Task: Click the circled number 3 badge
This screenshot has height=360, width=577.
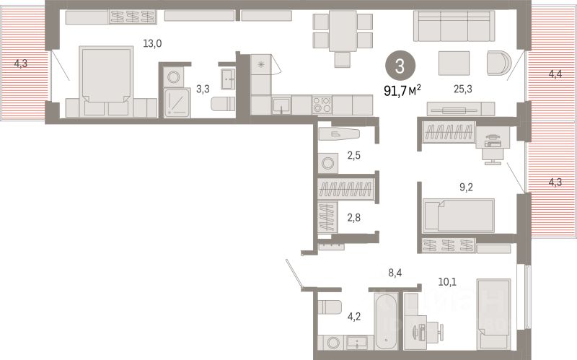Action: (400, 66)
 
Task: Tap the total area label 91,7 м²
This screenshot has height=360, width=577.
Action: (402, 90)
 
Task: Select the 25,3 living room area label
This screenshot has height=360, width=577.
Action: (463, 89)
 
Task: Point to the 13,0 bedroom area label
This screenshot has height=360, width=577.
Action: (152, 44)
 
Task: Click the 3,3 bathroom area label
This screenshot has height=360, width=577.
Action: (203, 89)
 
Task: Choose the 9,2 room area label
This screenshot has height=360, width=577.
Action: (466, 188)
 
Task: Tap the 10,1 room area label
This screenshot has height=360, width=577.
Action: (447, 282)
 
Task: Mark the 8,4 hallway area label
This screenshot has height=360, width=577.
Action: (395, 273)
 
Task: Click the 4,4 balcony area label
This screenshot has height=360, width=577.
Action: (555, 74)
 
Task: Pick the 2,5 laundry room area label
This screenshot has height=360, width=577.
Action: (354, 155)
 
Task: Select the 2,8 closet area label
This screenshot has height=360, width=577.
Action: (354, 218)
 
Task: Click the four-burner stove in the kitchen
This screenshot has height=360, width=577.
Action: (322, 105)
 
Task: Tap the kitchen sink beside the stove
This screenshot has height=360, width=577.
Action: (281, 105)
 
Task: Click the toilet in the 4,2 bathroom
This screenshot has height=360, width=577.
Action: (330, 307)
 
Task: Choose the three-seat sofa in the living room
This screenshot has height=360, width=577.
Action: (454, 26)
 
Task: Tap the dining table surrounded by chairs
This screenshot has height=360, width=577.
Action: (343, 31)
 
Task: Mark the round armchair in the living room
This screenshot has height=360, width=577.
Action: (499, 63)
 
